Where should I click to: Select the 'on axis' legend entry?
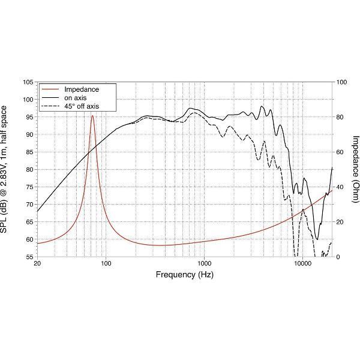click(x=77, y=97)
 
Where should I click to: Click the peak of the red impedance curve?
click(x=92, y=116)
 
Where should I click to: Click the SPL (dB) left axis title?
click(x=5, y=169)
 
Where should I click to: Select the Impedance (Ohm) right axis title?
click(x=355, y=169)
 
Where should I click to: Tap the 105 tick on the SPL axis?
click(x=27, y=82)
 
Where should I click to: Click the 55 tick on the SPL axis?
click(x=29, y=257)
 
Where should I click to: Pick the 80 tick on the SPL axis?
click(x=29, y=169)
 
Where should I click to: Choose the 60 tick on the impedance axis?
click(x=341, y=152)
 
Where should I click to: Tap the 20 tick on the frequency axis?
click(x=37, y=263)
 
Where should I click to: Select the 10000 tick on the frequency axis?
click(x=302, y=263)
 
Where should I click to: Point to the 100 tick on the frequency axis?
click(x=106, y=263)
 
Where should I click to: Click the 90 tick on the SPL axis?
click(x=29, y=134)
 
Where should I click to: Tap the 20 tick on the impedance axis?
click(x=341, y=222)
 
